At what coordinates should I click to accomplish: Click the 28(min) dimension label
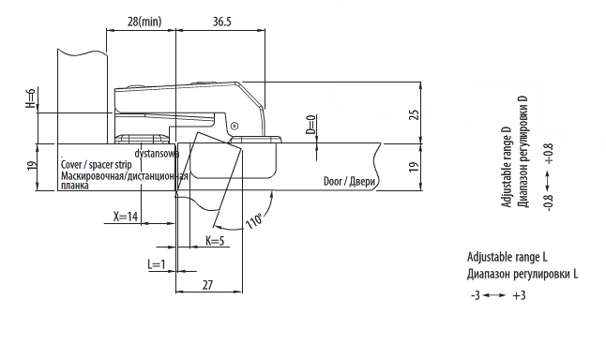144,22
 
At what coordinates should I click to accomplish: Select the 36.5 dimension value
221,22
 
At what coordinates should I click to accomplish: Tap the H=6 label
31,98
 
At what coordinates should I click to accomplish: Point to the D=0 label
311,125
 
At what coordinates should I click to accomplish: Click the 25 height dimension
414,114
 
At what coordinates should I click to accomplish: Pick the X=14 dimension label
126,217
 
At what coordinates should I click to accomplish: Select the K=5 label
215,241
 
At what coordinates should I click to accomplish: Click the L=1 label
157,264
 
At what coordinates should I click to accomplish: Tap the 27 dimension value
207,285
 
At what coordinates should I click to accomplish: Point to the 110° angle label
254,220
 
